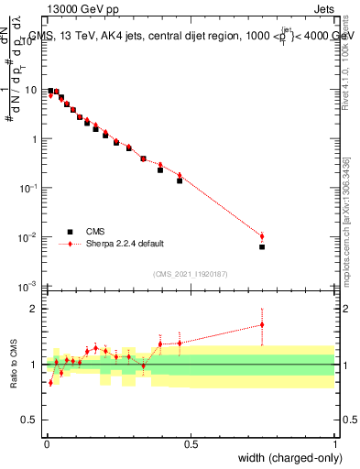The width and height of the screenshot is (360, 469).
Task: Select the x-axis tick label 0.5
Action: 191,443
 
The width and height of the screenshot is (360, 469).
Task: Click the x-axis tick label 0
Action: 46,443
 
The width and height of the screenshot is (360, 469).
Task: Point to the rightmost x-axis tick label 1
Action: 334,443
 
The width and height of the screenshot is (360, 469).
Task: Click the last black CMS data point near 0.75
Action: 262,246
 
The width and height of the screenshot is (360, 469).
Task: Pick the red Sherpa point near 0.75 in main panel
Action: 262,236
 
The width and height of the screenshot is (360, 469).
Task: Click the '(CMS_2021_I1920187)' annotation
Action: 190,273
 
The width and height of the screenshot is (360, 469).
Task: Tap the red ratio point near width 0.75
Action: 262,324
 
